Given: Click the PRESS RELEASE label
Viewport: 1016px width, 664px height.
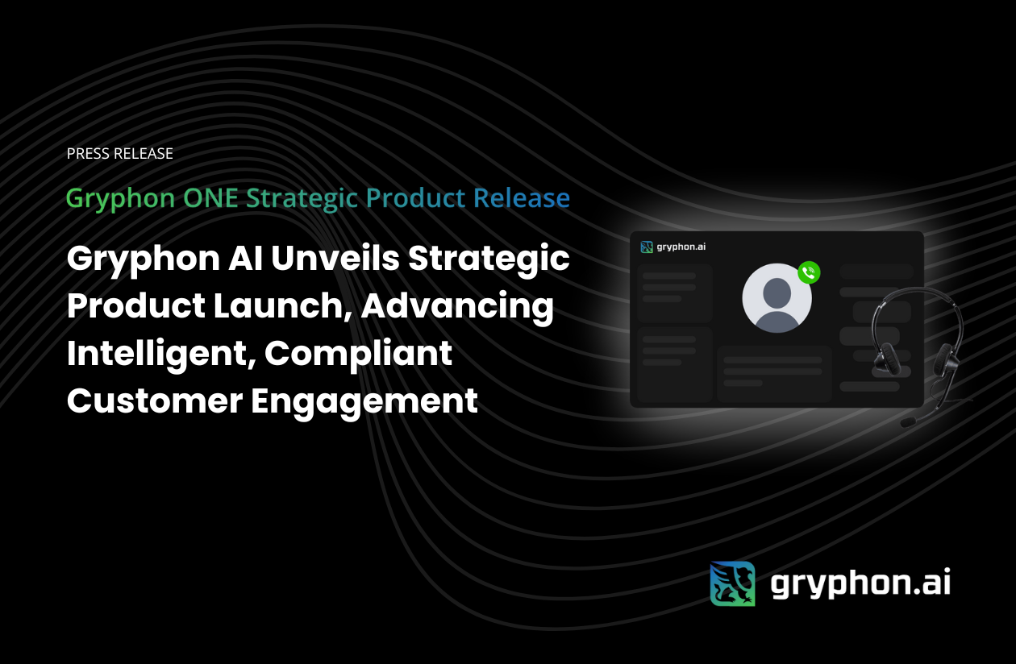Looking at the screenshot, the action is (119, 154).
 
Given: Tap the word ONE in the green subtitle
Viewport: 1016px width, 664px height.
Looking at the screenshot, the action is (210, 198).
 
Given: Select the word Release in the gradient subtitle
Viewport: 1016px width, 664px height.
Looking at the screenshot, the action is (522, 198).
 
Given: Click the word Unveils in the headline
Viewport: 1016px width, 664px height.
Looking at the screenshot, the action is (335, 259).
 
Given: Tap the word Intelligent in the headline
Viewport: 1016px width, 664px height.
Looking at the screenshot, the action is (160, 355).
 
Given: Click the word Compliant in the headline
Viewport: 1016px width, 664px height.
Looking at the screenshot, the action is (358, 355).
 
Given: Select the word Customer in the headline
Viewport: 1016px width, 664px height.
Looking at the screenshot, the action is (155, 401).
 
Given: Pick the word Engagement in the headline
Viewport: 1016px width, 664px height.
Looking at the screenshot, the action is (364, 402).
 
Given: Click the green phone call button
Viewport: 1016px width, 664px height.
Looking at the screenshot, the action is (809, 272).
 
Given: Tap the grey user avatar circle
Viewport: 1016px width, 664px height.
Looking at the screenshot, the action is (777, 298).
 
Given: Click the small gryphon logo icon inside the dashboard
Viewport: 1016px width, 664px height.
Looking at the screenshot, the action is (647, 247).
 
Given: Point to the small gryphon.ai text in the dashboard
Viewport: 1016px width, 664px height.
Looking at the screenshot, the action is (681, 247).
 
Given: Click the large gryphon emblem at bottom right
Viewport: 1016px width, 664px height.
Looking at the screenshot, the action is (732, 583).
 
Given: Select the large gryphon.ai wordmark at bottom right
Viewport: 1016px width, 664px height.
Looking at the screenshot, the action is (860, 583).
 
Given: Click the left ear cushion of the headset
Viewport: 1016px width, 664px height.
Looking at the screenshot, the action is (887, 359).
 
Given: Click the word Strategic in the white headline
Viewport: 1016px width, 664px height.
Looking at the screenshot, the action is (489, 259).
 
